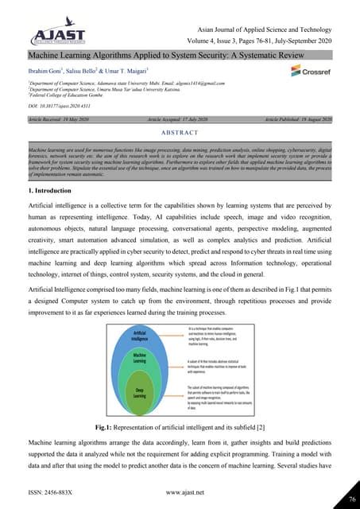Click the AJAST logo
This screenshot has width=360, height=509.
pos(50,34)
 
